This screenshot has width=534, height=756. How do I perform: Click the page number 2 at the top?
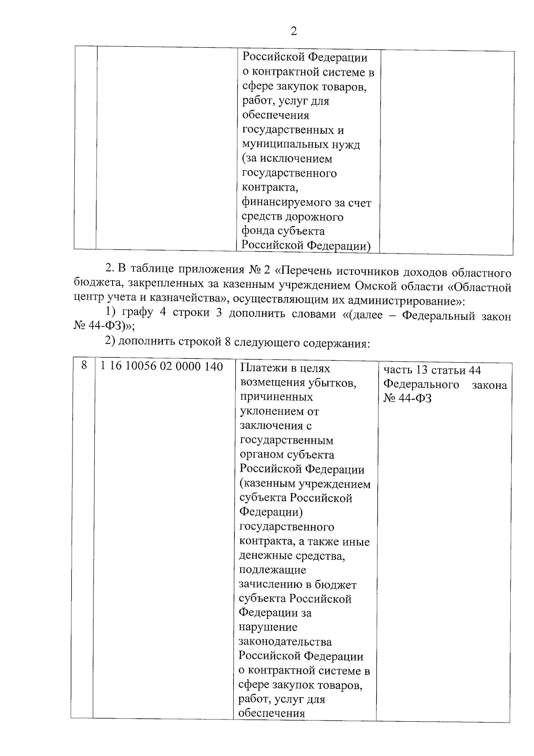(x=293, y=31)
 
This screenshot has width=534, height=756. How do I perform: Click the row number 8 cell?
(x=84, y=366)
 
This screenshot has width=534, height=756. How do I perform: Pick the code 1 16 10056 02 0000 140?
(x=162, y=367)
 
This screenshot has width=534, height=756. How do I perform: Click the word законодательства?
(x=285, y=642)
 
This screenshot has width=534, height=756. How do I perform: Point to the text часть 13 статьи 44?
(x=432, y=370)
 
